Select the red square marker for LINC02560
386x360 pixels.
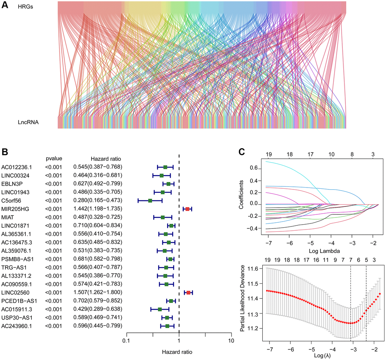point(188,292)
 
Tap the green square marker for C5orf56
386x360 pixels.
point(150,200)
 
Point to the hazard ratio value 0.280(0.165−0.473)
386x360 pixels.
point(98,200)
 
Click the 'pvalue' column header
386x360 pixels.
point(54,158)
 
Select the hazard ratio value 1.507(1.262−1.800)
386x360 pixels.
point(98,292)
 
